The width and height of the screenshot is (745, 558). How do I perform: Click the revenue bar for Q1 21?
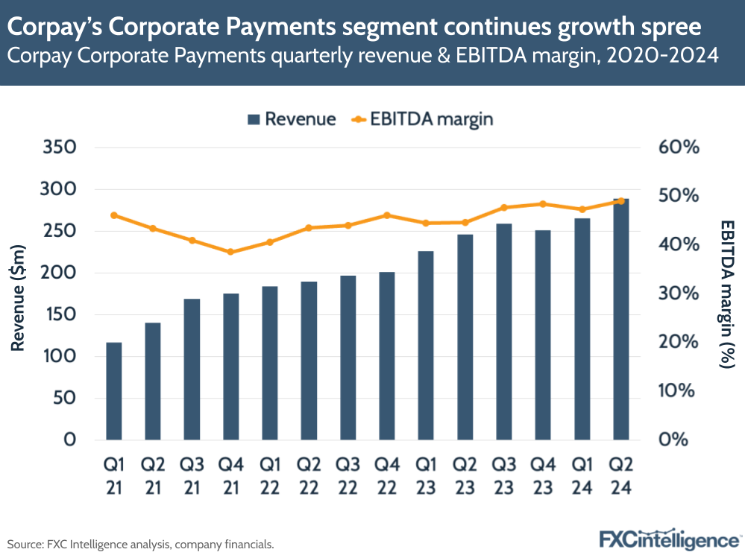point(113,390)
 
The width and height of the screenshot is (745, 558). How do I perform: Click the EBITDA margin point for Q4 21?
point(230,252)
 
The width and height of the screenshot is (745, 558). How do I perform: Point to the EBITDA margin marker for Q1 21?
point(113,215)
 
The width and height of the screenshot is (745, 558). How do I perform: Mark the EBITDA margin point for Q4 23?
point(543,203)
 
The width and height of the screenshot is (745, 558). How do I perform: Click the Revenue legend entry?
point(291,119)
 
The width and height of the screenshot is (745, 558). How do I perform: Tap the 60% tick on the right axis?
point(679,148)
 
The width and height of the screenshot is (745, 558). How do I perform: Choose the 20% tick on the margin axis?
point(679,342)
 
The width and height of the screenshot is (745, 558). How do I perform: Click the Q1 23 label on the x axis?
point(426,477)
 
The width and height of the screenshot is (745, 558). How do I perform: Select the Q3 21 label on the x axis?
point(192,477)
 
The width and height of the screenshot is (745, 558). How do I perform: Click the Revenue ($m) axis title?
point(18,294)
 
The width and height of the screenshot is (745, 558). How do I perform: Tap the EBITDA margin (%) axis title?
point(725,294)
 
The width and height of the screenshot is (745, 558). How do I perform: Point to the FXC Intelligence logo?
point(669,539)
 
